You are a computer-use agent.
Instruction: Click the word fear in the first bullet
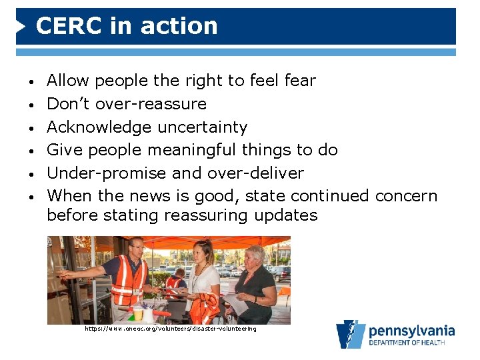pyautogui.click(x=300, y=81)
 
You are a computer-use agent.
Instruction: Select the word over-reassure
pyautogui.click(x=151, y=104)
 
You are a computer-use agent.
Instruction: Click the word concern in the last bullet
pyautogui.click(x=406, y=196)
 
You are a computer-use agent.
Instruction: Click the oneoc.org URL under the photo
pyautogui.click(x=170, y=329)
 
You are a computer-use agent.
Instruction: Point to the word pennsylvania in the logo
pyautogui.click(x=411, y=331)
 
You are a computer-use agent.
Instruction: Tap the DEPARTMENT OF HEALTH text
pyautogui.click(x=411, y=343)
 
